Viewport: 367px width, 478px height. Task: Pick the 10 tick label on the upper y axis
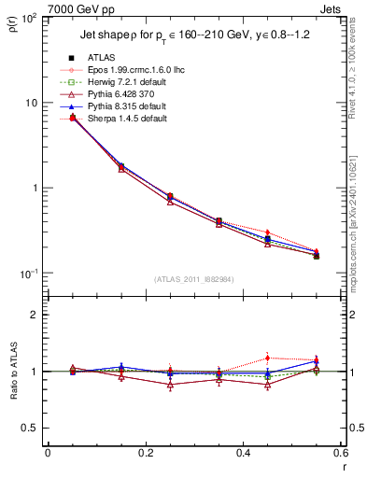click(30, 103)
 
